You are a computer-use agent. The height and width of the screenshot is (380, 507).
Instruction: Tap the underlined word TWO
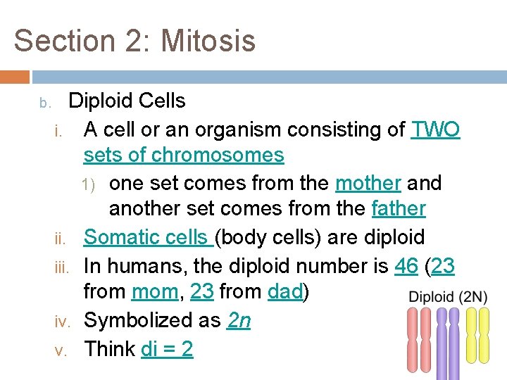[435, 129]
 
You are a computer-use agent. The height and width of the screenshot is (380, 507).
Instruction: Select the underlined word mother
[368, 183]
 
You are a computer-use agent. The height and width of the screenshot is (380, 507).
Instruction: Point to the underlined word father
[399, 209]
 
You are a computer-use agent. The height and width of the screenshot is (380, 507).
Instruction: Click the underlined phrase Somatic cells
[146, 237]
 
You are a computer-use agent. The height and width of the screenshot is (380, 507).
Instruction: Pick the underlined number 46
[406, 266]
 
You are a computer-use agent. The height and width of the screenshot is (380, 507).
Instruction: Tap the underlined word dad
[285, 291]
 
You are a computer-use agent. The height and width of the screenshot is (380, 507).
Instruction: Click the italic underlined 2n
[239, 320]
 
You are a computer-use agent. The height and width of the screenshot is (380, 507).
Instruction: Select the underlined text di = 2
[167, 349]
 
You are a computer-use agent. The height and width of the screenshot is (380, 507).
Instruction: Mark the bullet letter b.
[44, 103]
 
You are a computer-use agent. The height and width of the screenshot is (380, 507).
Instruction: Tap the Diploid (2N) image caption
[448, 296]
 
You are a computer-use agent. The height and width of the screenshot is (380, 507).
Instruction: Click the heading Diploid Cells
[127, 101]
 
